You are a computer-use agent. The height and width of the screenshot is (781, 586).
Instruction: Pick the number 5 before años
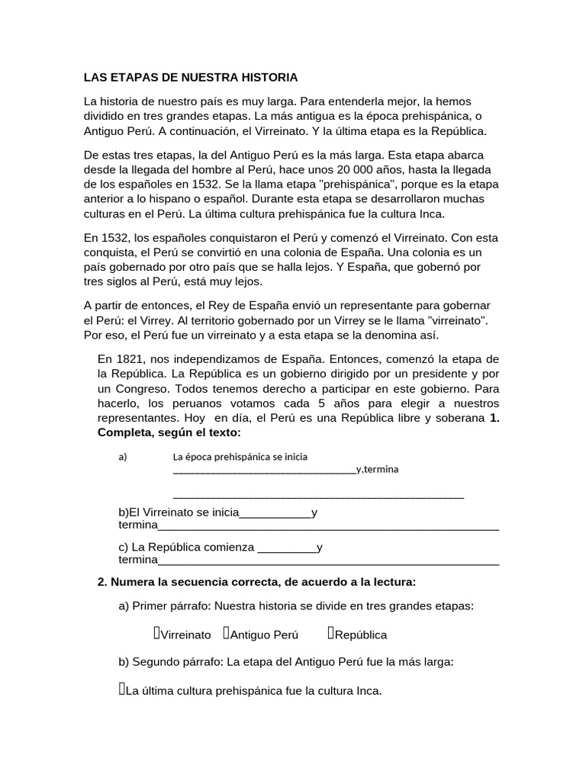click(322, 403)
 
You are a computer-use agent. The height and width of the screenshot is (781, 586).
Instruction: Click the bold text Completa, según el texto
click(169, 432)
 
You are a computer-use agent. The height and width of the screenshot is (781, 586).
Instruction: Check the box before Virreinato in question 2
click(156, 633)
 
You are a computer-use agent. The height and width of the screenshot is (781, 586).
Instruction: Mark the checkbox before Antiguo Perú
click(227, 633)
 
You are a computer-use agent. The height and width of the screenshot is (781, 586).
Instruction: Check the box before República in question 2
click(331, 633)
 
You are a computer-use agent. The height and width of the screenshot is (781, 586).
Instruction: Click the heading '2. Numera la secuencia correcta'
click(256, 582)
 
